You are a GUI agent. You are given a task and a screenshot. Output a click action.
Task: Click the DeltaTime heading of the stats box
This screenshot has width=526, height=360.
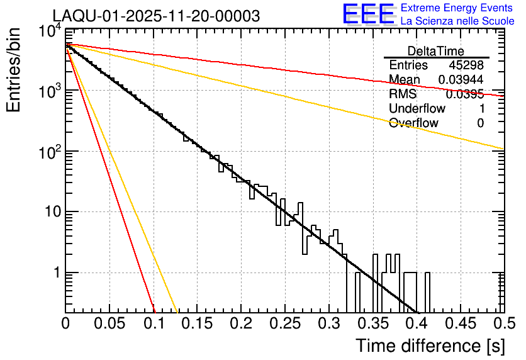(x=436, y=51)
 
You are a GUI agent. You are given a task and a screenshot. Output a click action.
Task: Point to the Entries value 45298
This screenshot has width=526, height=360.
(x=466, y=65)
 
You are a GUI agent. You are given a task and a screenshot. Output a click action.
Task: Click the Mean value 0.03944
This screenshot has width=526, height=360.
(x=461, y=80)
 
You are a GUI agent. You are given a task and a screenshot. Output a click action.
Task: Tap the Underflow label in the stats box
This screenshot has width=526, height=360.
(x=417, y=109)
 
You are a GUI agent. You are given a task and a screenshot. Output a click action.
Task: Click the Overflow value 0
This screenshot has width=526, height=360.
(x=480, y=123)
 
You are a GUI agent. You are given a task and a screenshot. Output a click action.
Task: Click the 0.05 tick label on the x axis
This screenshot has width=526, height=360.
(x=109, y=323)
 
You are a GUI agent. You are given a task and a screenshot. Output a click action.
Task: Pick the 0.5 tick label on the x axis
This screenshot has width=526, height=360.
(x=503, y=323)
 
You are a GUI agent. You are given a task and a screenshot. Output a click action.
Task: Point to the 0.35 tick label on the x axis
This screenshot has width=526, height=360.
(x=372, y=323)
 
